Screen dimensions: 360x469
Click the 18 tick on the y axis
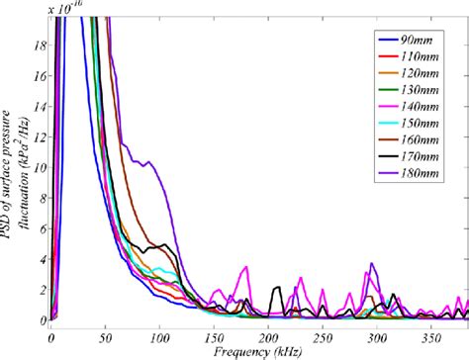pyautogui.click(x=41, y=45)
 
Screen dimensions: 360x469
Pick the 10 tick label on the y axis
pyautogui.click(x=41, y=168)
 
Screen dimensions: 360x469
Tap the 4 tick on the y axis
pyautogui.click(x=43, y=260)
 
